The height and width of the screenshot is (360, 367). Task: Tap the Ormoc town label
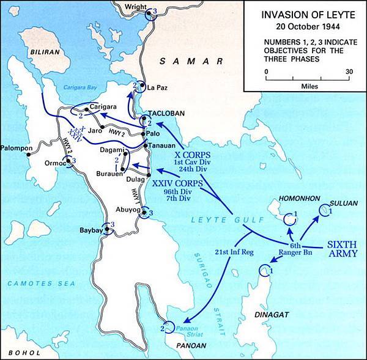(x=55, y=163)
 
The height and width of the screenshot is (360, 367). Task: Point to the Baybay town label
(x=90, y=231)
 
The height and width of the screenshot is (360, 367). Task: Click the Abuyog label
(x=128, y=209)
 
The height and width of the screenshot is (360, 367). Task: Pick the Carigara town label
(x=103, y=106)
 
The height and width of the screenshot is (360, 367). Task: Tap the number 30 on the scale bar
(x=349, y=71)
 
